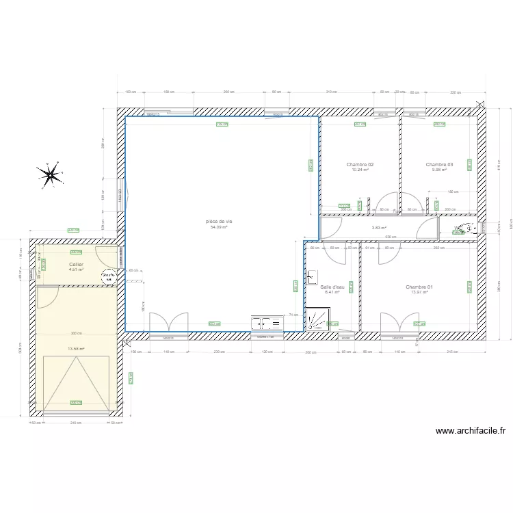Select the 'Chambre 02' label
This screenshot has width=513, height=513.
(x=360, y=165)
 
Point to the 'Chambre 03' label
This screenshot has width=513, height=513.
(x=439, y=165)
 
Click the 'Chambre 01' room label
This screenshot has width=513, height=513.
(x=419, y=287)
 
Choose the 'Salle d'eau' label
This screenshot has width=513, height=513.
(x=332, y=287)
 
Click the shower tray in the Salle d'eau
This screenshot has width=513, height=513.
(x=319, y=319)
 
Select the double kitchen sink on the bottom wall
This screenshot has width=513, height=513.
(x=266, y=324)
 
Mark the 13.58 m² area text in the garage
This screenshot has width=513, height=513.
(x=76, y=349)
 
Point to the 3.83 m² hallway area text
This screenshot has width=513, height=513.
(x=379, y=228)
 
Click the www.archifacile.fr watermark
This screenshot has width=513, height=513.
(x=470, y=431)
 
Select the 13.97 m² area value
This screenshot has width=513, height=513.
(x=419, y=293)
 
